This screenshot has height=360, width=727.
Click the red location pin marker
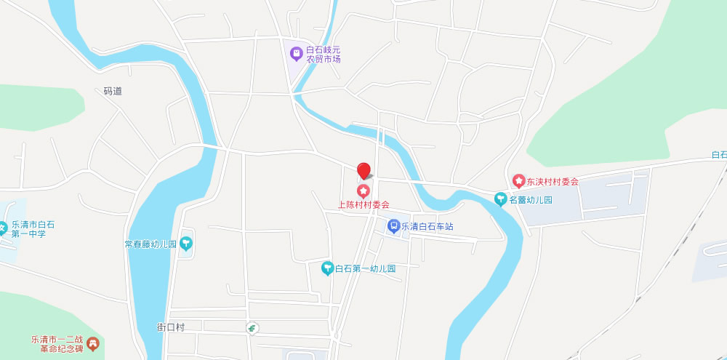pos(363,171)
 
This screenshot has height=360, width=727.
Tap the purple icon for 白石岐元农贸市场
pos(296,53)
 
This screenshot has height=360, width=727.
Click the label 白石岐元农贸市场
pos(324,54)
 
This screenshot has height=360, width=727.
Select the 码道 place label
pos(113,91)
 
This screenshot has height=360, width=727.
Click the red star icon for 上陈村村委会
pos(363,191)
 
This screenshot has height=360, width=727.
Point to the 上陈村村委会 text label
pos(364,205)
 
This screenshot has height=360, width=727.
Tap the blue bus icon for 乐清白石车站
pos(393,226)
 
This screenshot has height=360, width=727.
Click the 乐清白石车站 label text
pos(427,226)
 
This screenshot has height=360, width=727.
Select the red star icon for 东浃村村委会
pos(518,180)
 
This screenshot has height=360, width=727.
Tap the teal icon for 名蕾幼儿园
pos(500,199)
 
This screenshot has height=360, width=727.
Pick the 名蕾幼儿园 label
pos(531,199)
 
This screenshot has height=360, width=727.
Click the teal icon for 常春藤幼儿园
pos(187,243)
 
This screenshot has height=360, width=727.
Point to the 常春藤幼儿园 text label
pos(150,244)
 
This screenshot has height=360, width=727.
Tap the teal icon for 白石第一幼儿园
pos(328,268)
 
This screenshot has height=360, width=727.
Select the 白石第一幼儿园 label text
pos(365,268)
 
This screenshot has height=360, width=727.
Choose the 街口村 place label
pos(171,327)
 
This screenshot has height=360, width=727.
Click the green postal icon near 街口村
pos(252,328)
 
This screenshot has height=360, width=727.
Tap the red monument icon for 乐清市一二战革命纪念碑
pos(92,343)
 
